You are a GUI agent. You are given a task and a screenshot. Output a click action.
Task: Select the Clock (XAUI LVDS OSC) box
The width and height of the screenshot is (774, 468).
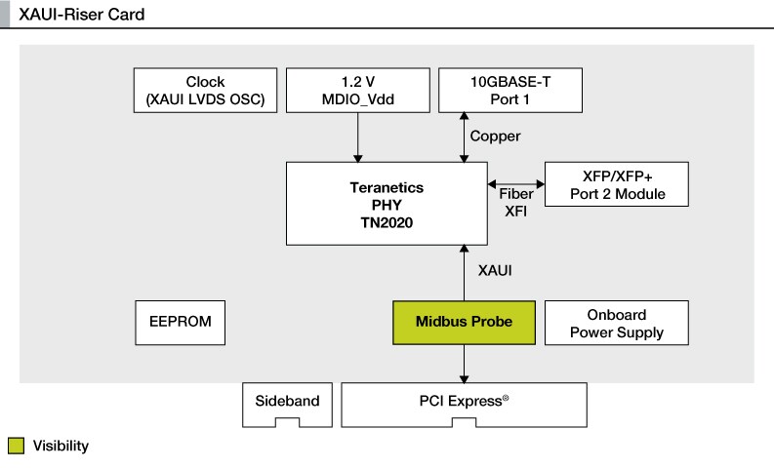click(205, 91)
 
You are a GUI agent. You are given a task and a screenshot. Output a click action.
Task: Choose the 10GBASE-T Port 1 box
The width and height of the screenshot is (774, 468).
click(510, 91)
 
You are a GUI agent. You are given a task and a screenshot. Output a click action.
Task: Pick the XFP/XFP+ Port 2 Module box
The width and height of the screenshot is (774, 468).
click(617, 184)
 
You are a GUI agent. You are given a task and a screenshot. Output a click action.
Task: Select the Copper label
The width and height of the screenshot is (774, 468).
click(495, 136)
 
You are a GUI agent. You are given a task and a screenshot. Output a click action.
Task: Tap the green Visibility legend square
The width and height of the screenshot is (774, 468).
click(17, 447)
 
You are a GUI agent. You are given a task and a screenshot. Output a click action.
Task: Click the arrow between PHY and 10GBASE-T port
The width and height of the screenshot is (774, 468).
click(464, 137)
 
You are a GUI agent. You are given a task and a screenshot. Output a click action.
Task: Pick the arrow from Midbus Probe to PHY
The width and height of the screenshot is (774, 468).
click(464, 273)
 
